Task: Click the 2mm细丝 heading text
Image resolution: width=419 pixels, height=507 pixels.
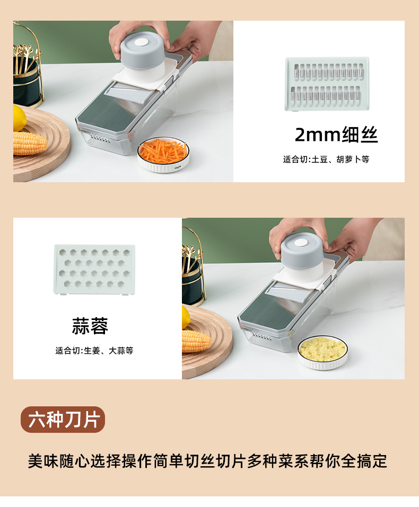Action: click(336, 136)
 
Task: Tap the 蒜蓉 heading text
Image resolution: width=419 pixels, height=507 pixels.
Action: click(90, 326)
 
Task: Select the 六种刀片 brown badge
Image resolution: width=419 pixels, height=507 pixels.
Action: click(63, 420)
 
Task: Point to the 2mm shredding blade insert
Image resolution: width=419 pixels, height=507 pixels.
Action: click(327, 84)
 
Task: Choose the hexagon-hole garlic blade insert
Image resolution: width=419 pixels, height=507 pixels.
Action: click(95, 267)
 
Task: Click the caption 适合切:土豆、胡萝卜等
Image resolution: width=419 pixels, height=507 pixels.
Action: click(326, 159)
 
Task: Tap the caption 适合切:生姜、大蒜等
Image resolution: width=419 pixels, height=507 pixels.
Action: click(94, 351)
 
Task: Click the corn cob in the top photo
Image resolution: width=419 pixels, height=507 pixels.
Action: click(29, 143)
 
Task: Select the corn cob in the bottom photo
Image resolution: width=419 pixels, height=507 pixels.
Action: click(196, 341)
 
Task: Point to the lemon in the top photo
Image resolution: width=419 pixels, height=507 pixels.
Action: click(19, 118)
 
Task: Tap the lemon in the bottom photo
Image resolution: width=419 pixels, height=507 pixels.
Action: click(186, 317)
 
